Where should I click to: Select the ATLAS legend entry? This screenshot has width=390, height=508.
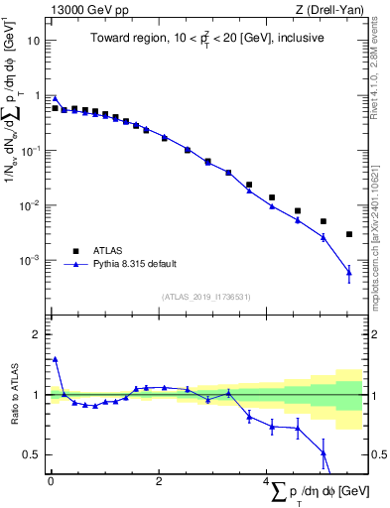click(x=104, y=251)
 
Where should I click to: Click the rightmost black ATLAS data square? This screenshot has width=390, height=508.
click(x=349, y=234)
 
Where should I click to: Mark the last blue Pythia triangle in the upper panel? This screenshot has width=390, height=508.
click(x=349, y=272)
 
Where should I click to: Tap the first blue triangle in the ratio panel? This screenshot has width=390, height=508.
click(x=55, y=359)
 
